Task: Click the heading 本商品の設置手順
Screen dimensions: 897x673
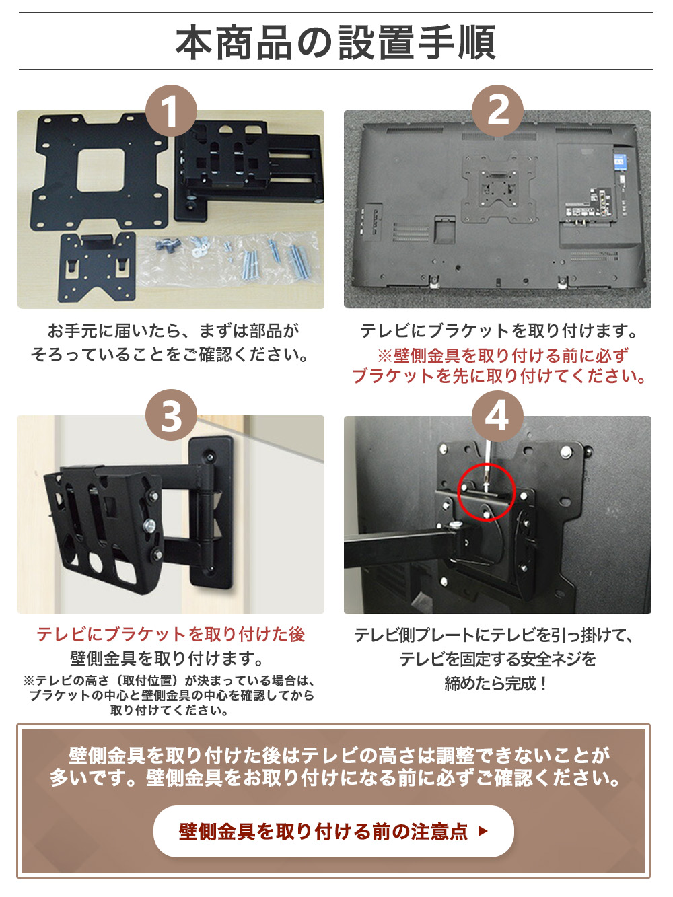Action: pyautogui.click(x=336, y=42)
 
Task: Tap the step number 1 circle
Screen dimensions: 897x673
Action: pyautogui.click(x=171, y=110)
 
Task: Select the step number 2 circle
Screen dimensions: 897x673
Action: pyautogui.click(x=497, y=110)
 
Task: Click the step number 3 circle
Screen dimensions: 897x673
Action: pyautogui.click(x=171, y=415)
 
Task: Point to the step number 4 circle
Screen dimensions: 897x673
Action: pyautogui.click(x=497, y=415)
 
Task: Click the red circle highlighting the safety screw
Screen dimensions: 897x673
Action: pyautogui.click(x=486, y=492)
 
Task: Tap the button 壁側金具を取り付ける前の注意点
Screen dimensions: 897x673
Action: pyautogui.click(x=333, y=831)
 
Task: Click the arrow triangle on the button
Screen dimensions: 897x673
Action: pyautogui.click(x=482, y=831)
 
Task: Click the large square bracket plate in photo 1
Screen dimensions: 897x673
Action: pyautogui.click(x=101, y=172)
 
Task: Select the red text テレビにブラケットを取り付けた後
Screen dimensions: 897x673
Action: pyautogui.click(x=170, y=634)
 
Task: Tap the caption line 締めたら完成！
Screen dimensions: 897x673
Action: pyautogui.click(x=497, y=684)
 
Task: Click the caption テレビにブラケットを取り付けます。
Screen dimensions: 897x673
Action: pyautogui.click(x=498, y=330)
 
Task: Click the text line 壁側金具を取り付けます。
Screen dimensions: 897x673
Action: pyautogui.click(x=167, y=658)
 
